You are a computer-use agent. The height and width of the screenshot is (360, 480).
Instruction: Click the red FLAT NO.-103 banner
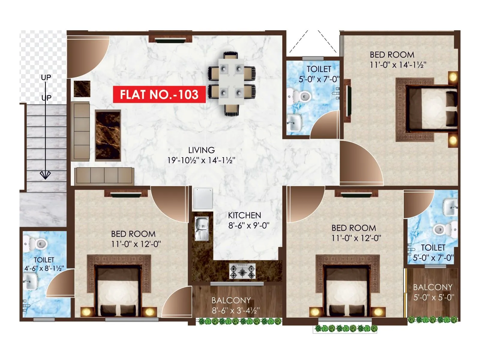click(159, 94)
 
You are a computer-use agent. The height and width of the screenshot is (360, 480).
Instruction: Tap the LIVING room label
click(201, 150)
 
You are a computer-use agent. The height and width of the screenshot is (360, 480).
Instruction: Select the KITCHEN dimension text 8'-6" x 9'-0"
click(249, 225)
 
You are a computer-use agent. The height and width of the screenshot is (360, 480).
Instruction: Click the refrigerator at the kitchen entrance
click(203, 198)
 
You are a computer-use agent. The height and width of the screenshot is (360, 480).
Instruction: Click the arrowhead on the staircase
click(45, 175)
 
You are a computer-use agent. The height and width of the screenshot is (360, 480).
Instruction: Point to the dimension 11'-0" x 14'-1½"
click(398, 65)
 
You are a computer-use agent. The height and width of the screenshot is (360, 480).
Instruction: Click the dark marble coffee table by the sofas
click(108, 136)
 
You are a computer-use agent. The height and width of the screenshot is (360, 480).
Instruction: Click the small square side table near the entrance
click(82, 88)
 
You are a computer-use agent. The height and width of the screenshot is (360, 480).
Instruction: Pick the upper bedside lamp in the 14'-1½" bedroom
click(453, 77)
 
